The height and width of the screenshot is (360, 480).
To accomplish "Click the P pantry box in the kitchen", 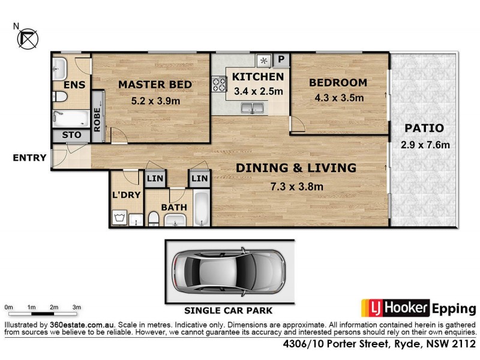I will coord(281,60).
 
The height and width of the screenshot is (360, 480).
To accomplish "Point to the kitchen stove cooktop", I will coord(217,85).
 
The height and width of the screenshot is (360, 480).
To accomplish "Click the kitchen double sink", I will coord(253,109).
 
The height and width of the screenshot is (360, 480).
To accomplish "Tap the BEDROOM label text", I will coord(338,83).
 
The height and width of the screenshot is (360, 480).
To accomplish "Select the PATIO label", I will coord(424,128).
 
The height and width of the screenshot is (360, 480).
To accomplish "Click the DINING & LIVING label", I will coord(295,168).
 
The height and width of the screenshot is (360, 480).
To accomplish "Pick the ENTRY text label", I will coord(29,158).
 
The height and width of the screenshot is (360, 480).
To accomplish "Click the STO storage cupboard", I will coord(71,136).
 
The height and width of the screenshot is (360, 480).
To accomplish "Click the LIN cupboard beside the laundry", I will coord(155,179).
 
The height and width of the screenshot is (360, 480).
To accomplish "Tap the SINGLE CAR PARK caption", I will coord(228,311).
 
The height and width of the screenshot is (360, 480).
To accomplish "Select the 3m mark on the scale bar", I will coord(76,307).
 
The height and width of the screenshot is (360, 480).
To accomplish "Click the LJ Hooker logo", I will coord(395,308).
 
